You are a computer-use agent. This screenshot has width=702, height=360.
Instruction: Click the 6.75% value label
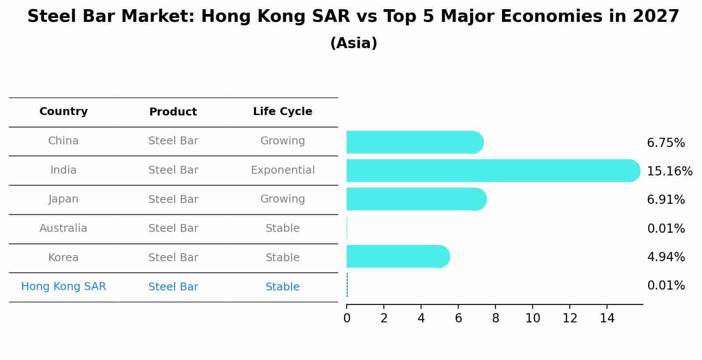click(666, 143)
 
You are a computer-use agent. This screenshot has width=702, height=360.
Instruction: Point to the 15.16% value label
click(669, 171)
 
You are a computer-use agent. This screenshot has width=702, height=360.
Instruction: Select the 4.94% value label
click(666, 257)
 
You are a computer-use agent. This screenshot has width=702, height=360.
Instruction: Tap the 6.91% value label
click(666, 200)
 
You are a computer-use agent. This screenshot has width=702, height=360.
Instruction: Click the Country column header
click(63, 112)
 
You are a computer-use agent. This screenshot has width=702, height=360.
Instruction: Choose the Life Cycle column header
click(282, 112)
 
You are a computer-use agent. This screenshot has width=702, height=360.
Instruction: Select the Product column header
click(173, 112)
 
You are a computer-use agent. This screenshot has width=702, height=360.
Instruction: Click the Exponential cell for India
click(282, 170)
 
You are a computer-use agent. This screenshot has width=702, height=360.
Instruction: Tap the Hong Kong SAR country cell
click(63, 287)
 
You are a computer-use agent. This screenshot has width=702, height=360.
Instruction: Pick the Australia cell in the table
click(63, 228)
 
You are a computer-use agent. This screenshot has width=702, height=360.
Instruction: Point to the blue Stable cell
click(282, 287)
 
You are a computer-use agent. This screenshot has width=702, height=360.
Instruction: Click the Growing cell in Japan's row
click(282, 199)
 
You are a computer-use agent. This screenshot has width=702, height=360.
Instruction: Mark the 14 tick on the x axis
click(607, 318)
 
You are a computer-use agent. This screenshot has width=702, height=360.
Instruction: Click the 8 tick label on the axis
click(495, 318)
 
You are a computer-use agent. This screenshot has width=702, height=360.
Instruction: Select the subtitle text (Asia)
click(354, 43)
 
